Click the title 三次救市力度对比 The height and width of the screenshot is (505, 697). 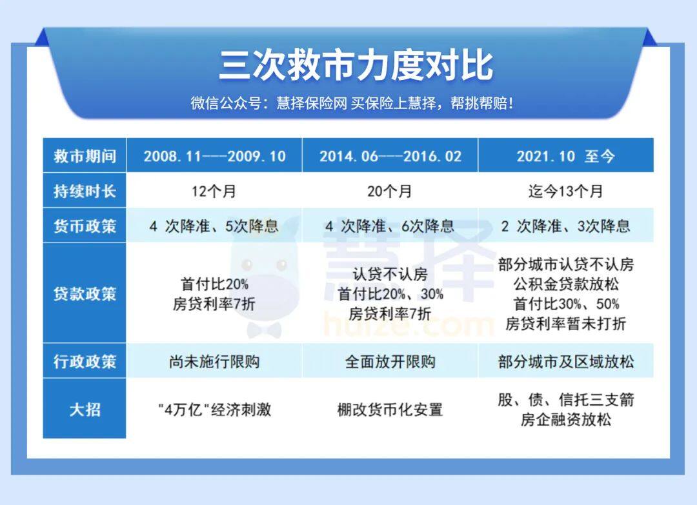coord(356,65)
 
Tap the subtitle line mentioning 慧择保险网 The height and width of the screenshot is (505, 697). coord(352,103)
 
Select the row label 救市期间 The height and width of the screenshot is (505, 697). coord(85,156)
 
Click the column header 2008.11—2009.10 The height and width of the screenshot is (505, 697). coord(214,156)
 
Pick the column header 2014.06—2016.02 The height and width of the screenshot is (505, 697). coord(390,156)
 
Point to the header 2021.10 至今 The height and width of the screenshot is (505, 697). coord(565,156)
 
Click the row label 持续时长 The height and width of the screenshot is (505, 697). coord(85,191)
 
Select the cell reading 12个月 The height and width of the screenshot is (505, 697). coord(214,192)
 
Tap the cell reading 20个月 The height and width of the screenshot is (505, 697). coord(389,192)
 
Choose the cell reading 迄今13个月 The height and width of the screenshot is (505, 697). coord(565,192)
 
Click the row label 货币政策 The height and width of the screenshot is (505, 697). coord(85,226)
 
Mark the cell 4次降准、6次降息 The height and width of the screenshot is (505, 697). coord(390,226)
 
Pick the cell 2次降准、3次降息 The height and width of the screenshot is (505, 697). coord(565,226)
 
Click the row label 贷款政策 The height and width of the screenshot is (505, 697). coord(85,293)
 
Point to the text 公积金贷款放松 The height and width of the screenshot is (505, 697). coord(566,284)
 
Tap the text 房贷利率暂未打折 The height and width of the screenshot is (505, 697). coord(566,323)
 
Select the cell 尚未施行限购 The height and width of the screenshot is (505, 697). coord(214,362)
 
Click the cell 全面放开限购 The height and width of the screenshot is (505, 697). coord(390,362)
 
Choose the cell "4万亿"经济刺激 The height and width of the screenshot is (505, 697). coord(214,409)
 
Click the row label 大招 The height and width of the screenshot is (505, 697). coord(85,409)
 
